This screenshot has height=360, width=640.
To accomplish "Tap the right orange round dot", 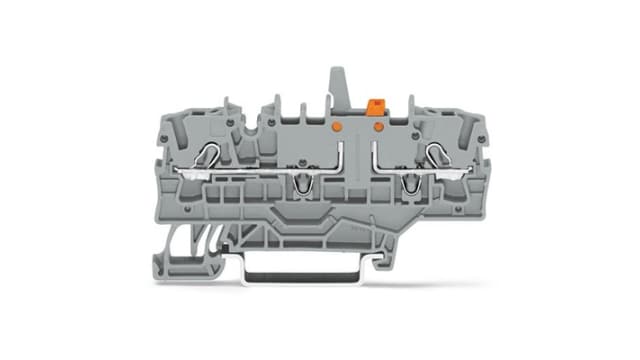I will (x=378, y=127).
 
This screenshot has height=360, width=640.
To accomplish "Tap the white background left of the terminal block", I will (x=80, y=180).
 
